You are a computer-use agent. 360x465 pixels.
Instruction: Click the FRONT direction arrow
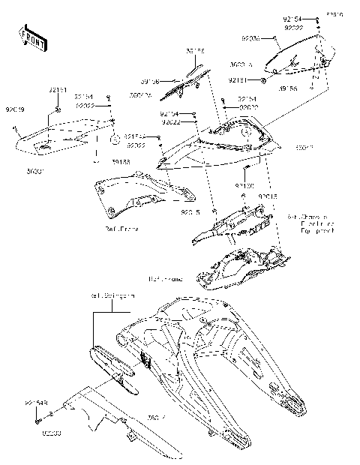pos(31,37)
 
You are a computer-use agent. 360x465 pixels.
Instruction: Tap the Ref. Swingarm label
pos(112,295)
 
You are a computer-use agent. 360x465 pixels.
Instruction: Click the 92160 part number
pos(244,184)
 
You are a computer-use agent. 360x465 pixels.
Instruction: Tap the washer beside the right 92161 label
pos(265,79)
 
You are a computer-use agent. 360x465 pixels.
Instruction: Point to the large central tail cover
pos(225,146)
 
